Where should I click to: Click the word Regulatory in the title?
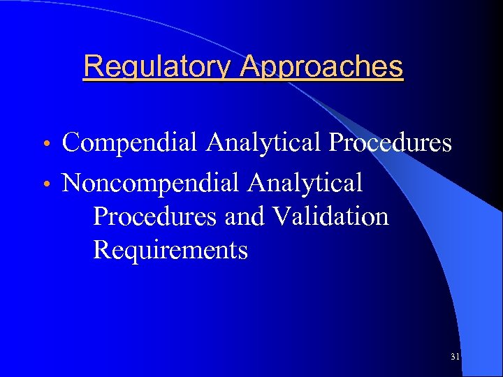(x=157, y=67)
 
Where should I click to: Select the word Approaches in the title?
(x=321, y=67)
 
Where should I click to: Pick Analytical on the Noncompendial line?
(x=305, y=183)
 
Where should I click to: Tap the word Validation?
(x=331, y=216)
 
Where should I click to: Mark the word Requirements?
(x=170, y=249)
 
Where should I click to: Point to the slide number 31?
(x=455, y=357)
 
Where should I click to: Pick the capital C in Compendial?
(x=71, y=143)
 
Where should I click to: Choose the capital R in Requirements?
(x=101, y=249)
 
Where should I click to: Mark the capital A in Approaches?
(x=249, y=67)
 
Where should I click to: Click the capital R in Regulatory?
(x=92, y=67)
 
